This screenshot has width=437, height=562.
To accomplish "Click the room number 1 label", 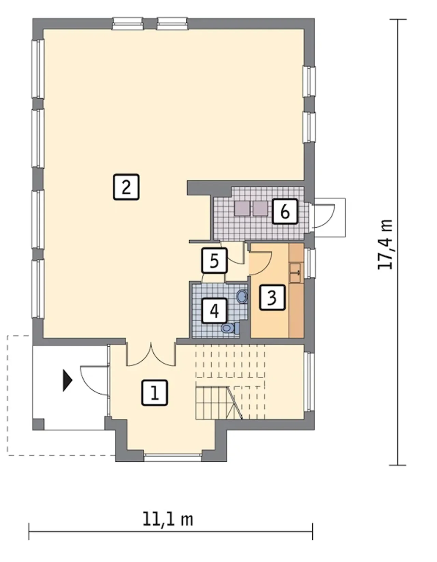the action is pyautogui.click(x=154, y=392).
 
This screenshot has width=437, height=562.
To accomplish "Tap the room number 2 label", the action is pyautogui.click(x=126, y=187).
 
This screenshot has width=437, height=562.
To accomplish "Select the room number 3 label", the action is pyautogui.click(x=272, y=298).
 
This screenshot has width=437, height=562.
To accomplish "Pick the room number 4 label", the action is pyautogui.click(x=214, y=311).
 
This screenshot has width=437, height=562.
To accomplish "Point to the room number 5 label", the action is pyautogui.click(x=214, y=260).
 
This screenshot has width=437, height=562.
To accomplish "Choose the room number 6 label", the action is pyautogui.click(x=285, y=211).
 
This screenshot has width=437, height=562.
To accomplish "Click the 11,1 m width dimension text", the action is pyautogui.click(x=168, y=498).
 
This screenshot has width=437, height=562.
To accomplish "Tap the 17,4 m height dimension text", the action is pyautogui.click(x=385, y=245).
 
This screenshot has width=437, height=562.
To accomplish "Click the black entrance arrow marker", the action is pyautogui.click(x=67, y=380).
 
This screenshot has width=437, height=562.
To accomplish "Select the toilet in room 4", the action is pyautogui.click(x=230, y=328).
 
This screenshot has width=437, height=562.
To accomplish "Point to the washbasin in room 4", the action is pyautogui.click(x=242, y=295).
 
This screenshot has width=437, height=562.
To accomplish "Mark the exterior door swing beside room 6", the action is pyautogui.click(x=324, y=216).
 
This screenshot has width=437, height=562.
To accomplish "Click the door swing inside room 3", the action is pyautogui.click(x=260, y=263).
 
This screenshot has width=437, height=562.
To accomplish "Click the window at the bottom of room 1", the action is pyautogui.click(x=172, y=457).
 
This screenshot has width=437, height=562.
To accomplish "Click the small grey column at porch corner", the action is pyautogui.click(x=38, y=424).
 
